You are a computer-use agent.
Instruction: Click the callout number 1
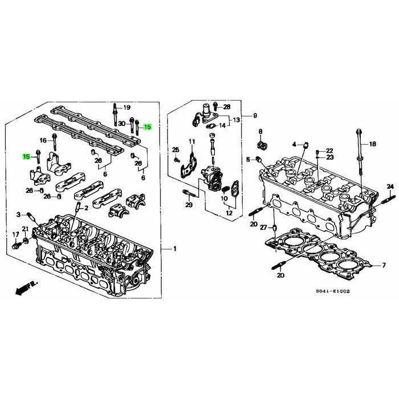(174, 250)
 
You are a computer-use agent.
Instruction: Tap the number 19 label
(127, 108)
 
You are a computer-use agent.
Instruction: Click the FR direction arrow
(26, 286)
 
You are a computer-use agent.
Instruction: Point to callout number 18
(373, 145)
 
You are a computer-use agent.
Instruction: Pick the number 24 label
(390, 187)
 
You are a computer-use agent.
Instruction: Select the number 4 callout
(295, 143)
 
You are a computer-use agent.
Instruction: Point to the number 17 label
(15, 235)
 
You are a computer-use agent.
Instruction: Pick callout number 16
(43, 140)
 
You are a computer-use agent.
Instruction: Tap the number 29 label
(189, 205)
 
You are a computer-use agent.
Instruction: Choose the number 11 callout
(192, 142)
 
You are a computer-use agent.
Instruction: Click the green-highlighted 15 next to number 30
(148, 127)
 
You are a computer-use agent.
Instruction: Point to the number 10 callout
(225, 199)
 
